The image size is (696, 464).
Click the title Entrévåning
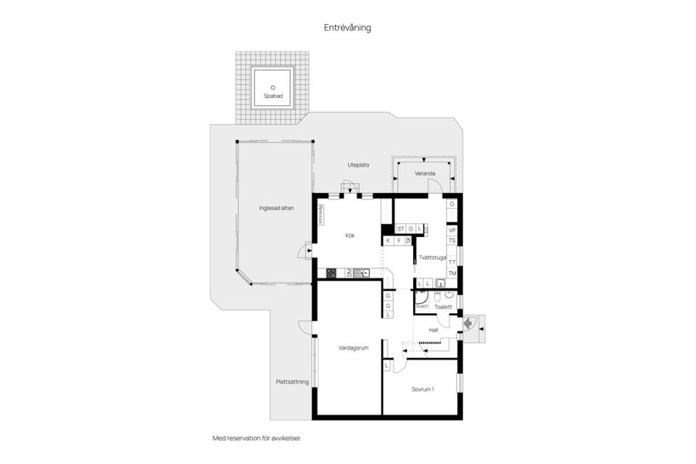pos(347,28)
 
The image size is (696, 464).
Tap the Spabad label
pos(273,96)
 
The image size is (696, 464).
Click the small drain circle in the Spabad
pos(273,87)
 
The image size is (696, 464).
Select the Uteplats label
pos(358,165)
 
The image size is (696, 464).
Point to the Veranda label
pos(424,174)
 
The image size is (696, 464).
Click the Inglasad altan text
pos(275,208)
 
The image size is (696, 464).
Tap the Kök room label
pos(350,235)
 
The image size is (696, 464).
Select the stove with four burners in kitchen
pos(331,273)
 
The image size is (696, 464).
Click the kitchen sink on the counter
pos(361,273)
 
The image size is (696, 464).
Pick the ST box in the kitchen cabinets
pos(400,228)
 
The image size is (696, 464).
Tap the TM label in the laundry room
pos(452,273)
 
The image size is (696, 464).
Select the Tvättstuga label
pos(431,257)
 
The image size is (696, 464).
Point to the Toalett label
pos(443,307)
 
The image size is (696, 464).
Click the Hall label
pos(434,330)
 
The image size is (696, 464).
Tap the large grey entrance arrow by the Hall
pos(470,324)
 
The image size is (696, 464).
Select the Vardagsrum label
pos(354,348)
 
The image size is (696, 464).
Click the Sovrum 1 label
pos(423,389)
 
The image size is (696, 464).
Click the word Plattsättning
pos(292,381)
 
